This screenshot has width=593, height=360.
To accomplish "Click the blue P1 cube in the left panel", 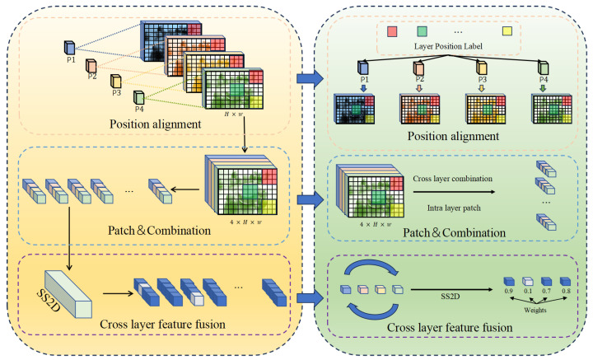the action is click(x=69, y=48).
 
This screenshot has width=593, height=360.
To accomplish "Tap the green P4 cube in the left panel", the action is click(x=139, y=97).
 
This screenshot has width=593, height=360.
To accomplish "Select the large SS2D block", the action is click(x=68, y=294).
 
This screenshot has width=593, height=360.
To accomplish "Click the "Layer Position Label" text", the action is click(x=448, y=46).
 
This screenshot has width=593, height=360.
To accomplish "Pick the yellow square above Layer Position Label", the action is click(x=507, y=31).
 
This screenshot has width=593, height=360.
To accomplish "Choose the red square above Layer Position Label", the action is click(x=392, y=31).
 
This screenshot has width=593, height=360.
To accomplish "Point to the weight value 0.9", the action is click(x=508, y=291).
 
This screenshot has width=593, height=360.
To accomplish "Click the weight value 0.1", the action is click(x=528, y=291).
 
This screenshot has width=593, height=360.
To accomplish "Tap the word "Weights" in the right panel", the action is click(x=535, y=310).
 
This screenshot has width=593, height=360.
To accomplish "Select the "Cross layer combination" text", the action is click(x=452, y=179).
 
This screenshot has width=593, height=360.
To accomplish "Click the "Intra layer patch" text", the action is click(x=454, y=208).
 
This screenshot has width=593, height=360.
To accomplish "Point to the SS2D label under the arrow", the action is click(x=450, y=297).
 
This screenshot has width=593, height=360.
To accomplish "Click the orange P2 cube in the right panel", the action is click(x=418, y=68).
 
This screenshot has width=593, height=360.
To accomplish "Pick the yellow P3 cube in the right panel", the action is click(x=482, y=68).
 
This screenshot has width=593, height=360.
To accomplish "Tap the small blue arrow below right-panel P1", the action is click(x=363, y=88).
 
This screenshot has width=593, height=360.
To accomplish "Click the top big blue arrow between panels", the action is click(x=311, y=78).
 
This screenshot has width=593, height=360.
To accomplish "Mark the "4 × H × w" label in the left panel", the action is click(x=245, y=222).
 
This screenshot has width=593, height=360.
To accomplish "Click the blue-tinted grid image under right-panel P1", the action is click(x=354, y=110).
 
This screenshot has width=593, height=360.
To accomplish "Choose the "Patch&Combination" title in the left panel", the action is click(x=159, y=231).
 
